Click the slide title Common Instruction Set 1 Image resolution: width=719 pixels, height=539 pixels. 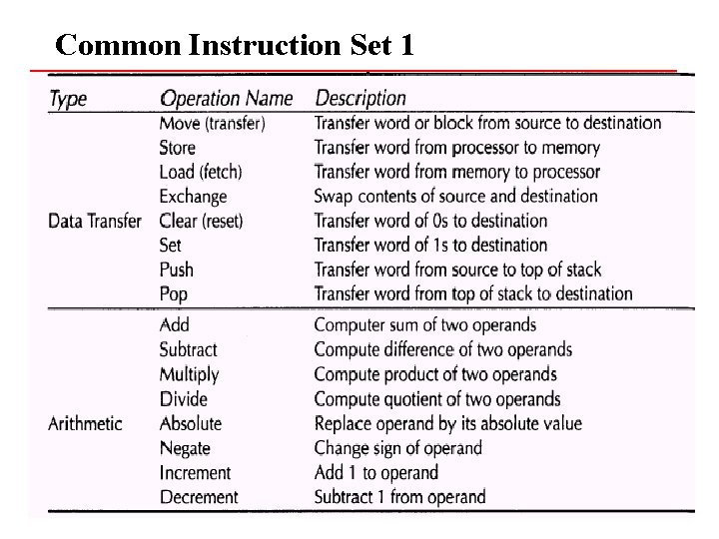point(235,45)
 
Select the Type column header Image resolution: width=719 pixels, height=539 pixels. point(68,98)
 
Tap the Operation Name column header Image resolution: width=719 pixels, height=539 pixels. point(227,98)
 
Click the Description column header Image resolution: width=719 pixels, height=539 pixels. point(360,98)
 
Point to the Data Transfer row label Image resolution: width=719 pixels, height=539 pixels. point(95,221)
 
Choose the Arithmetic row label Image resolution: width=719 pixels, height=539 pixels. point(86,423)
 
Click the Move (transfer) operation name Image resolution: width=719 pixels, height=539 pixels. point(212,123)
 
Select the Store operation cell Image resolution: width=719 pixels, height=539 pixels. point(178,148)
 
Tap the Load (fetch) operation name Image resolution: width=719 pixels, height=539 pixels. point(201,172)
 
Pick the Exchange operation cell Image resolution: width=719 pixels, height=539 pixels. point(194,197)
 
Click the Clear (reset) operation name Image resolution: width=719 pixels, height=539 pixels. point(202,221)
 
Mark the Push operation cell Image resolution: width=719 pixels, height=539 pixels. point(177,269)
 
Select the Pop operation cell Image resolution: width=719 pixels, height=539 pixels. point(174,293)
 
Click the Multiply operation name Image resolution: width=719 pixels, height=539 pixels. point(189,374)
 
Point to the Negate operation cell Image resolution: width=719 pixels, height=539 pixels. point(187,448)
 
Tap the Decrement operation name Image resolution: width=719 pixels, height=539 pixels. point(199,497)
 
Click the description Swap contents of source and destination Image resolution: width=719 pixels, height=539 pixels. point(455,197)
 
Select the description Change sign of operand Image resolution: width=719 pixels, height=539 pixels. point(397,448)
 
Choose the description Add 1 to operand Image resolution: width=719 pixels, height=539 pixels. point(376,472)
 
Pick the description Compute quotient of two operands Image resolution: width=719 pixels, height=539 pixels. point(437,399)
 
